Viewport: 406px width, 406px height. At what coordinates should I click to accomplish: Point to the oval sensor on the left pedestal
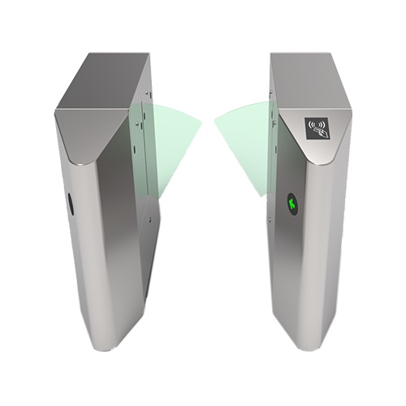(71, 203)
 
